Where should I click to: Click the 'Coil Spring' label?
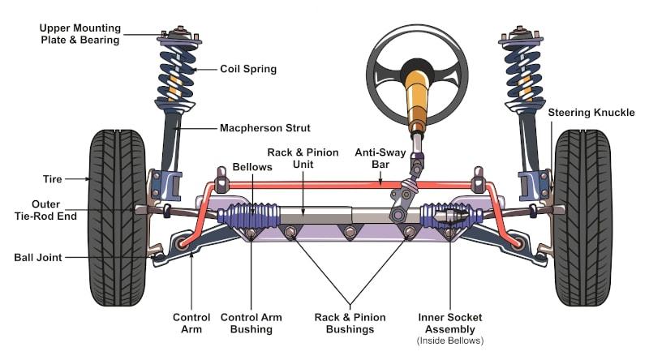click(248, 69)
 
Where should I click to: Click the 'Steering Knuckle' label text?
click(591, 112)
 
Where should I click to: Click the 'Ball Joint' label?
click(37, 258)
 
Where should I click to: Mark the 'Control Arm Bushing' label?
click(251, 323)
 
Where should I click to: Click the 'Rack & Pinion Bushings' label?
click(350, 323)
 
